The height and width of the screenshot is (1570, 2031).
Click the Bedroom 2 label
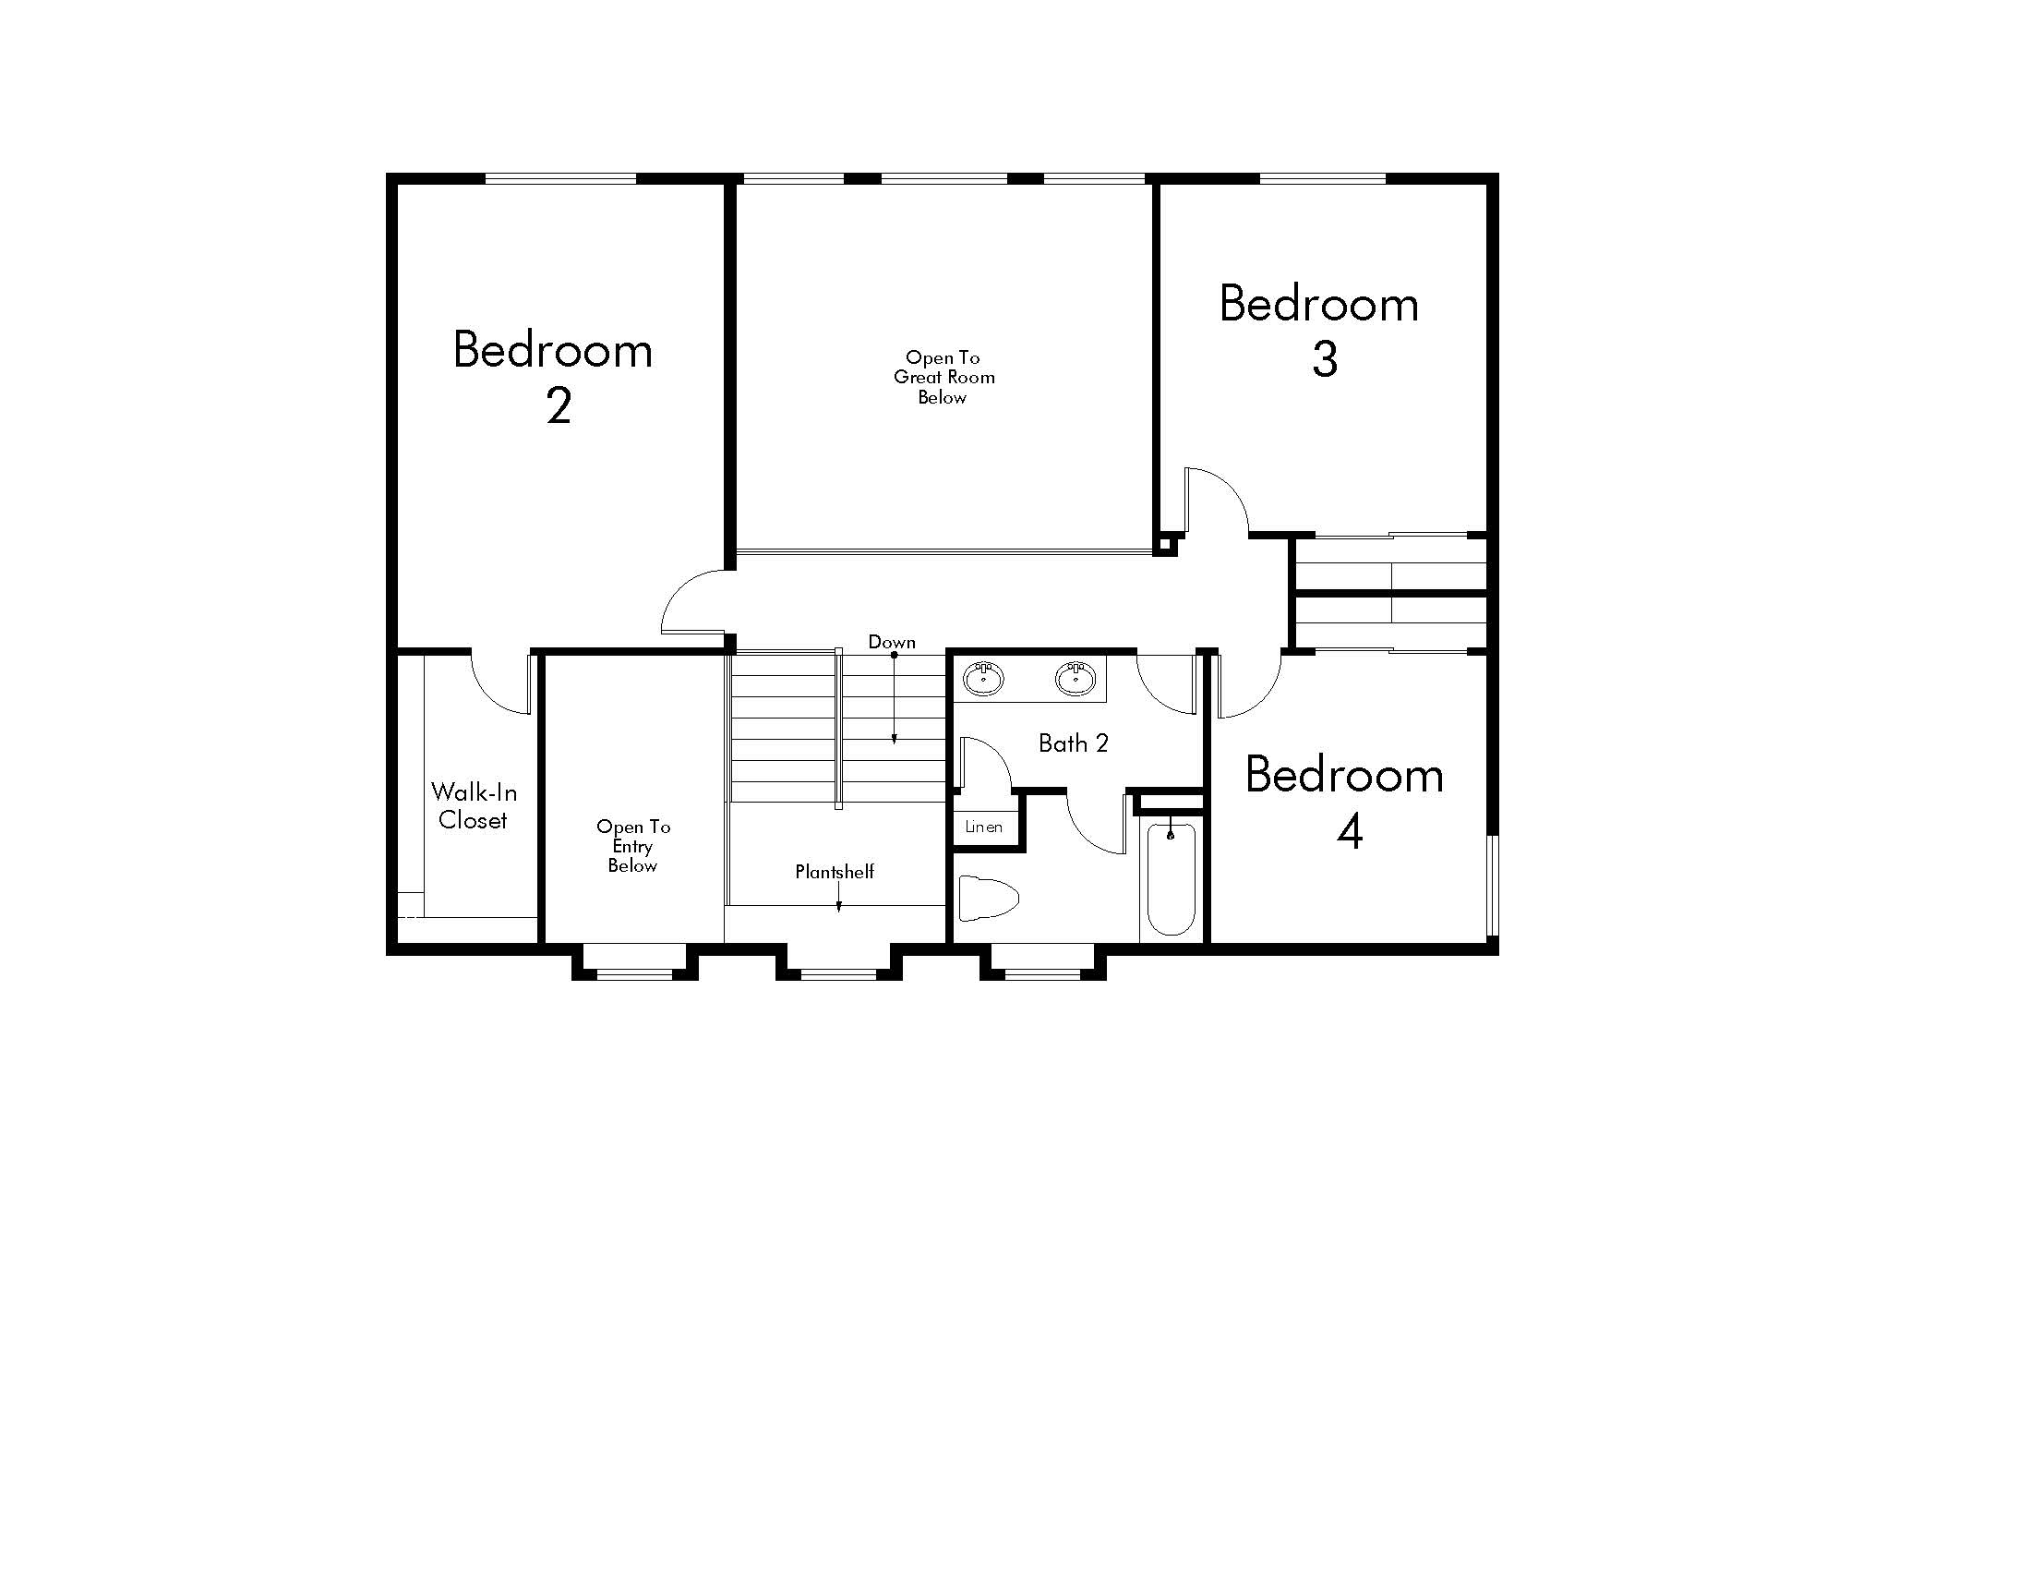[553, 376]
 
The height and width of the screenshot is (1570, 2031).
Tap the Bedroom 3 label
[1319, 331]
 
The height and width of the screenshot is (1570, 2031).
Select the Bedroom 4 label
[1345, 802]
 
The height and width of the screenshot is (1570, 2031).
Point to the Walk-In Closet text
[474, 805]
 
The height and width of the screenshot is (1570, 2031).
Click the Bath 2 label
[1073, 743]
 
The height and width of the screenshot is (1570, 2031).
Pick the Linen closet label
[984, 826]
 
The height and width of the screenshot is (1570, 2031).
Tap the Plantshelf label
[835, 872]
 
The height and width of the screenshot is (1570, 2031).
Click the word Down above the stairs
[892, 642]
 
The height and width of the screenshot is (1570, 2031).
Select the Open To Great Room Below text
[943, 377]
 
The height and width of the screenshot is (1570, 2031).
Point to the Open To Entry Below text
[633, 845]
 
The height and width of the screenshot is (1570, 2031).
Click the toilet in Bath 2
[988, 898]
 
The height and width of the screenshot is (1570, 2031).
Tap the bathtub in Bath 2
[1171, 878]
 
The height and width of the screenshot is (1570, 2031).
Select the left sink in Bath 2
[983, 678]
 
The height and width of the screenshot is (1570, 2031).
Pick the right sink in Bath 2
[1075, 678]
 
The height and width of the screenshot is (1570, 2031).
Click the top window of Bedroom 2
[560, 178]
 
